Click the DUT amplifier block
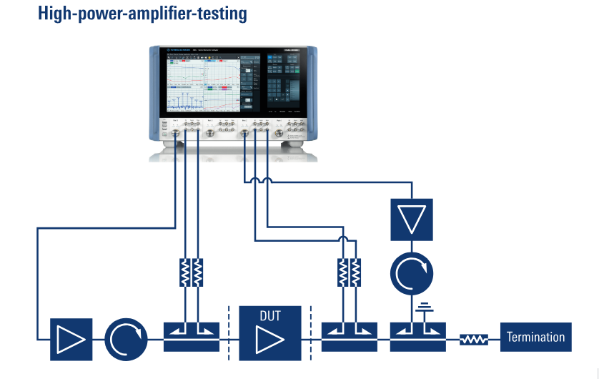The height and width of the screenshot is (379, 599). click(x=270, y=333)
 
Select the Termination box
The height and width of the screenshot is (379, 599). click(x=536, y=338)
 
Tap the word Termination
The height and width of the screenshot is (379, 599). click(x=536, y=338)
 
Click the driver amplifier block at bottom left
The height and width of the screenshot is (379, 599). click(x=71, y=338)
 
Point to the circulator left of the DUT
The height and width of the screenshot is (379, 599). click(x=126, y=338)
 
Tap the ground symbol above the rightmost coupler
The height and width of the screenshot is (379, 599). click(x=425, y=309)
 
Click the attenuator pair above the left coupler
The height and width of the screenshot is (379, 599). click(x=191, y=271)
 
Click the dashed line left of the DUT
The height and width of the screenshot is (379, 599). click(x=229, y=333)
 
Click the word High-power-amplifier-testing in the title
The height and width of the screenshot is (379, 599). click(x=142, y=13)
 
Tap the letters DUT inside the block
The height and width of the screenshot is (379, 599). click(x=270, y=315)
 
